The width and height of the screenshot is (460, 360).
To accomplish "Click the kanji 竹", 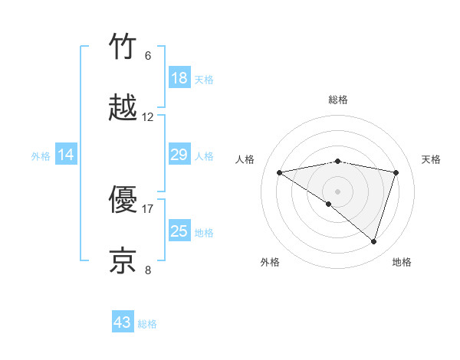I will click(123, 47).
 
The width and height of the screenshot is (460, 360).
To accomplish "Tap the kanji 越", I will click(123, 108).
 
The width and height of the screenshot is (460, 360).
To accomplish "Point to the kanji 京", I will click(123, 260).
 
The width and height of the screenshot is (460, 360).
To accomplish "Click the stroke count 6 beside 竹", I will click(148, 56).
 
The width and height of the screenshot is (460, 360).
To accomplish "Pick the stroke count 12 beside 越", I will click(148, 117).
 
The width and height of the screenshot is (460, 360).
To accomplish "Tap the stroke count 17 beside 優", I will click(148, 208).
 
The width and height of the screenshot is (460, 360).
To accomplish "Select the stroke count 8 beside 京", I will click(148, 270).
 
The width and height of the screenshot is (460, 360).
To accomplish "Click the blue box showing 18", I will click(179, 78).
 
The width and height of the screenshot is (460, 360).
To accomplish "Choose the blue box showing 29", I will click(179, 155).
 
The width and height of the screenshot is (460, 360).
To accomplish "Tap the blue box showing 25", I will click(179, 231).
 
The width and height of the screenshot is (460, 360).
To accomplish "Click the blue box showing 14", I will click(66, 155).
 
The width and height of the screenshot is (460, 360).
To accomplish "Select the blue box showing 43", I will click(123, 323).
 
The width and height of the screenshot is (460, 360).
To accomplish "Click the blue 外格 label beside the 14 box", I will click(41, 156).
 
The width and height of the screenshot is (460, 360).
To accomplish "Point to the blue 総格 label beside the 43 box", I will click(147, 324).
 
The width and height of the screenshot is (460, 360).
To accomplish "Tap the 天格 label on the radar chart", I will click(432, 159).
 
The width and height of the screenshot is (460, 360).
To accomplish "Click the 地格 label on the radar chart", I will click(402, 262).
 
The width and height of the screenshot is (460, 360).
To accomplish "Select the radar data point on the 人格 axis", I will click(280, 172).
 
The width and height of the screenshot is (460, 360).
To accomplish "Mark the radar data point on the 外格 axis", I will click(329, 205).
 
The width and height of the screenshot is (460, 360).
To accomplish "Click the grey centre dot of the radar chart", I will click(337, 191).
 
